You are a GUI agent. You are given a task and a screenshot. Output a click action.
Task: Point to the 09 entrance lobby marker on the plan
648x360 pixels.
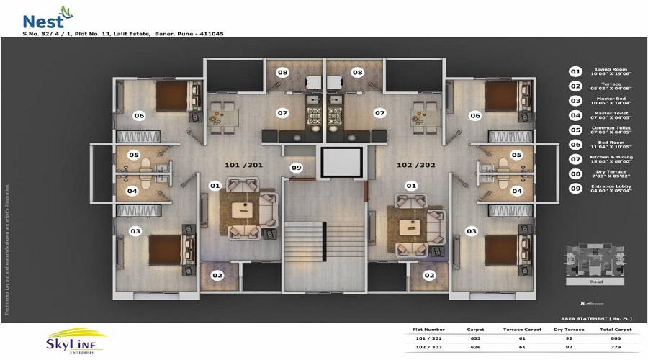pyautogui.click(x=295, y=168)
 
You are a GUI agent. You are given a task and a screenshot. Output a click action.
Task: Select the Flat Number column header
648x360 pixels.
pyautogui.click(x=429, y=329)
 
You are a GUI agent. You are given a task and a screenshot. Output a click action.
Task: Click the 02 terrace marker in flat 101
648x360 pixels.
pyautogui.click(x=217, y=275)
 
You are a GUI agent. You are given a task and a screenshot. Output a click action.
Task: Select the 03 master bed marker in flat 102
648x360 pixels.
pyautogui.click(x=472, y=230)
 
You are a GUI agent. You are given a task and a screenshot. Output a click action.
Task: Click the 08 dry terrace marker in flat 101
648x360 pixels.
pyautogui.click(x=283, y=73)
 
